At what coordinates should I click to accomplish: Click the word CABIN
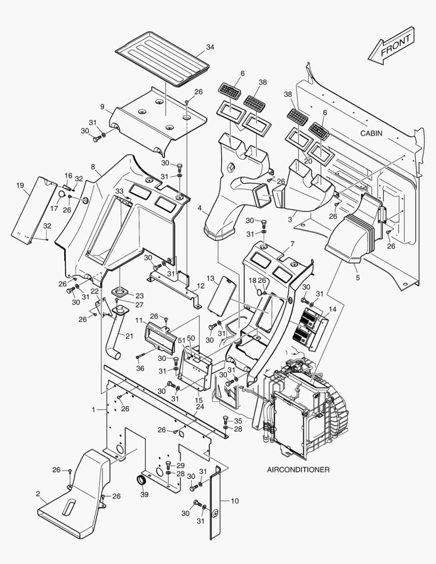point(371,133)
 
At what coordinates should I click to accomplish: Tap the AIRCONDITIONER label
point(298,469)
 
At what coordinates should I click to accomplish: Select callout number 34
point(210,47)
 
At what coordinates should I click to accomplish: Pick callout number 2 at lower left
point(38,494)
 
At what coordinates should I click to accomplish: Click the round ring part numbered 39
point(142,480)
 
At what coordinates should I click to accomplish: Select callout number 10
point(234,501)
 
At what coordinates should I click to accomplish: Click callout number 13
point(210,278)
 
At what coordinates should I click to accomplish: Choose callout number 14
point(333,309)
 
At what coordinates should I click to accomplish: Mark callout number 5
point(357,278)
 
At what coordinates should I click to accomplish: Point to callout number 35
point(238,420)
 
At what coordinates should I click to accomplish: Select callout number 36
point(140,368)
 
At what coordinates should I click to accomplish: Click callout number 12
point(200,286)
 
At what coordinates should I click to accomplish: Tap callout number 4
point(199,208)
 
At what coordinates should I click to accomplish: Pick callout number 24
point(199,406)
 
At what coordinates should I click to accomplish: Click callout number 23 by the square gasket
point(140,295)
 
